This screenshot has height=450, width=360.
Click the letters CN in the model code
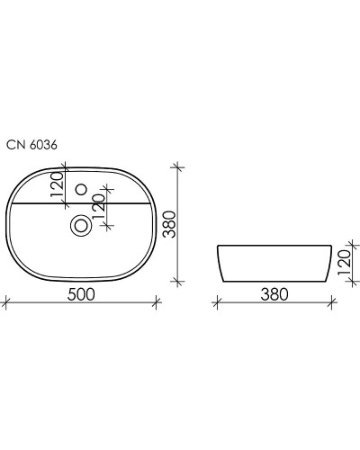coord(14,143)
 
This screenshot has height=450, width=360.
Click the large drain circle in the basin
coord(80,226)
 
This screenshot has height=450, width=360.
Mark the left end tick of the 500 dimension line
coord(6,303)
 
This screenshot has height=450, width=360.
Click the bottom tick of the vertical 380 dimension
coord(176,279)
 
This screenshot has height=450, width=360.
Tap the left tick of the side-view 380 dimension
coord(216,303)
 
